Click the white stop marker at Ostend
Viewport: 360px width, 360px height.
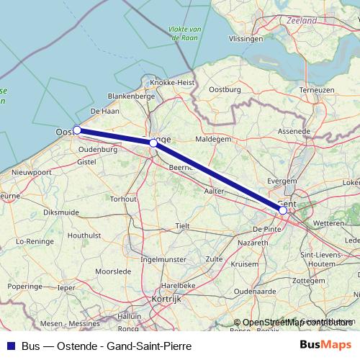(x=77, y=130)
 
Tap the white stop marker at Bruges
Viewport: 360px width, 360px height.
(x=153, y=143)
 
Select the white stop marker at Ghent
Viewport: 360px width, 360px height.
(x=283, y=210)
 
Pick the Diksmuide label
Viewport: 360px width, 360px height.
(x=61, y=212)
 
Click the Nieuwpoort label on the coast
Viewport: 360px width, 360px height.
(x=32, y=173)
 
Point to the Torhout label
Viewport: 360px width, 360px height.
(x=124, y=198)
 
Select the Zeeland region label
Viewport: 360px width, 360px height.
(x=300, y=21)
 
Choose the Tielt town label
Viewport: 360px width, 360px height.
(x=183, y=225)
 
